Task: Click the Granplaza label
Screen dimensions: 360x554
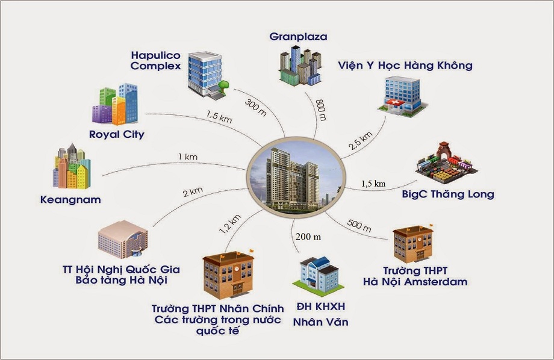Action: coord(299,37)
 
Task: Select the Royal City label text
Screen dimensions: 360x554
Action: coord(116,134)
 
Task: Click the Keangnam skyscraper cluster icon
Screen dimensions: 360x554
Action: coord(71,167)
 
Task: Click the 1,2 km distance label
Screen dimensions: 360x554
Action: coord(230,223)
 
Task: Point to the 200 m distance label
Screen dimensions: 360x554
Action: coord(308,237)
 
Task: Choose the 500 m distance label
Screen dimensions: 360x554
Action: coord(359,226)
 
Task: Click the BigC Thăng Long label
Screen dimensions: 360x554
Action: coord(448,194)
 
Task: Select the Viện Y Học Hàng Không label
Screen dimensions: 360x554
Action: coord(405,65)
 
